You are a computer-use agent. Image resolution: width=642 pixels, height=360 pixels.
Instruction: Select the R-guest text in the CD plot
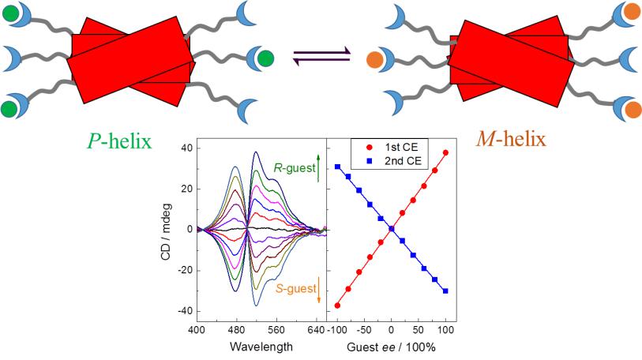tap(292, 168)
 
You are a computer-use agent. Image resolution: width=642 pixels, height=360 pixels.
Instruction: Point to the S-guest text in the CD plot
tap(293, 289)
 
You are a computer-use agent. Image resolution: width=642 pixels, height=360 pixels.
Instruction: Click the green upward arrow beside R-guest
tap(317, 168)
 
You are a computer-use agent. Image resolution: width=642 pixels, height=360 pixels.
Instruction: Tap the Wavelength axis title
tap(261, 346)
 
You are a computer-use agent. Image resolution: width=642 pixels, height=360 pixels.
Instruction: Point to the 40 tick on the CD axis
tap(186, 148)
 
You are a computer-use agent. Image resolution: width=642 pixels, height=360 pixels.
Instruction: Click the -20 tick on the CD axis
tap(184, 270)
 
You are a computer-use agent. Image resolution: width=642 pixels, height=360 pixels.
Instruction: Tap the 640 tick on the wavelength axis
tap(315, 328)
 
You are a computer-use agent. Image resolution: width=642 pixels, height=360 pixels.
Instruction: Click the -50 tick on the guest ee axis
tap(363, 328)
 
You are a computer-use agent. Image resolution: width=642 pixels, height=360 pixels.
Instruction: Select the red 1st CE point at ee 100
tap(446, 152)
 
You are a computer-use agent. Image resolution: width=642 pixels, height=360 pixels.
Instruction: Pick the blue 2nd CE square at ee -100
tap(337, 167)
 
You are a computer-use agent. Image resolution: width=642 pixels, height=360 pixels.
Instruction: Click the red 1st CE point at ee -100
tap(337, 306)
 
